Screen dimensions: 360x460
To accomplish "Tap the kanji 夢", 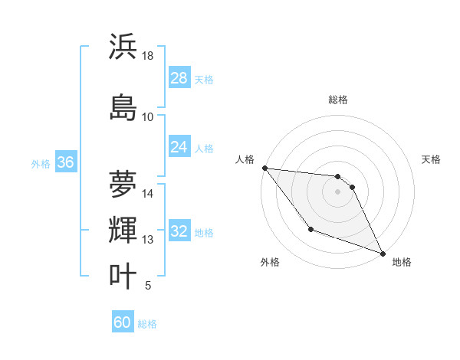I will [x=123, y=184].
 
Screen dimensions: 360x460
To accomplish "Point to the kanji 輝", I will [x=123, y=231].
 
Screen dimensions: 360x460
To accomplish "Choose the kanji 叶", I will [x=123, y=276].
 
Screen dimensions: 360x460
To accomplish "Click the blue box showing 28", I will [x=179, y=78].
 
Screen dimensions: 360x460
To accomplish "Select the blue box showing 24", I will [x=179, y=147].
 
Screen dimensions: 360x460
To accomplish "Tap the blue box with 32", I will [x=179, y=231].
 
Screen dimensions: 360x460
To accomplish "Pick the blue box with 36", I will [x=65, y=162].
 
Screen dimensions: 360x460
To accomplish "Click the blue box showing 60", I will [x=123, y=322].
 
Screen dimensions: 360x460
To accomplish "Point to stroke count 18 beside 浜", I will [x=148, y=57].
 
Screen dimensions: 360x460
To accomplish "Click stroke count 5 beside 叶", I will [x=148, y=286].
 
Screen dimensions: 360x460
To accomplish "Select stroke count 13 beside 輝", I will [x=148, y=241].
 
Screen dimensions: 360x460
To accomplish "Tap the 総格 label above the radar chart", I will [x=338, y=100].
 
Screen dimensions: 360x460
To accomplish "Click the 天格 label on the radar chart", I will [x=432, y=159].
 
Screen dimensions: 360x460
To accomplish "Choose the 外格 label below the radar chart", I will [x=270, y=262].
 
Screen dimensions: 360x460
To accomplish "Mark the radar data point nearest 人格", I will [x=264, y=168].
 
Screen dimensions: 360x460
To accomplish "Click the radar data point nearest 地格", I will [x=383, y=254].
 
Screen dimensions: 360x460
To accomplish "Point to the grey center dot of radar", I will [x=338, y=191].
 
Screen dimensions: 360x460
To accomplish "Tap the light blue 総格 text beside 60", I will [x=147, y=324].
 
